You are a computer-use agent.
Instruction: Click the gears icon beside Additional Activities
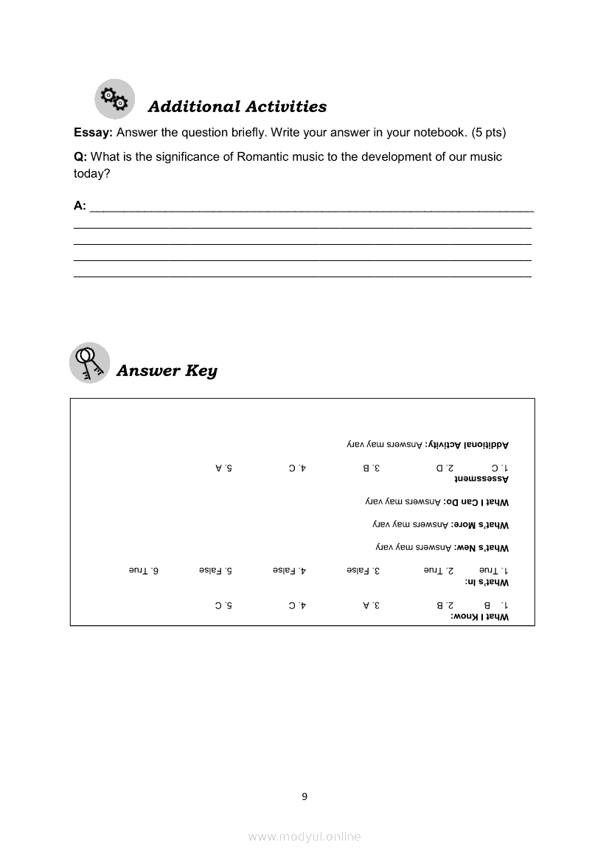pos(115,99)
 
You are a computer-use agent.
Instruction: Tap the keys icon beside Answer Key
pos(89,363)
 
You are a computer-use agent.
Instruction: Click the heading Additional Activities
pos(237,107)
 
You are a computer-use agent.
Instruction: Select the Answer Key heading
pos(167,370)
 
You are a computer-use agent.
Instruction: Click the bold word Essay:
pos(93,133)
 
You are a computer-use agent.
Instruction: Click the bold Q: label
pos(80,156)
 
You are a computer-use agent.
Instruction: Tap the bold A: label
pos(80,206)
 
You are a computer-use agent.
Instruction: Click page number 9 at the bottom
pos(304,796)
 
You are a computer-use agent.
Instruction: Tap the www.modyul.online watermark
pos(304,837)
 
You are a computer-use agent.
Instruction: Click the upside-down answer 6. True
pos(145,570)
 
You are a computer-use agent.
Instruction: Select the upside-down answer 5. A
pos(224,468)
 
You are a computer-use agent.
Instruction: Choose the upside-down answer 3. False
pos(363,570)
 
